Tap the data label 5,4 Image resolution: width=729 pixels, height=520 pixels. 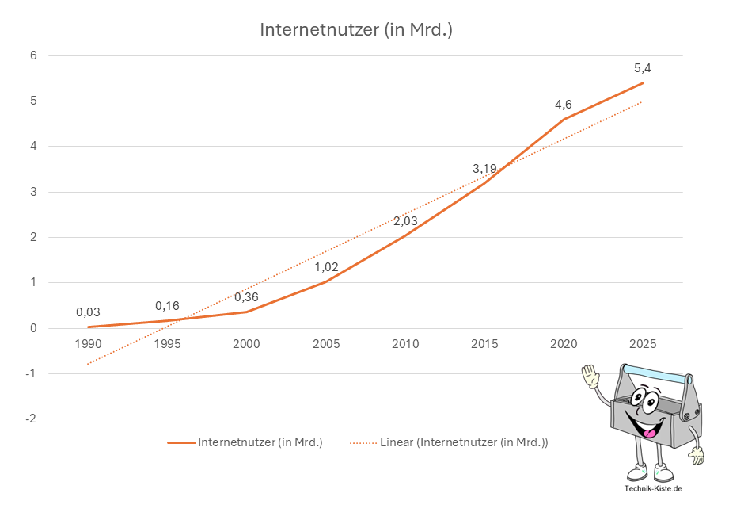tap(642, 68)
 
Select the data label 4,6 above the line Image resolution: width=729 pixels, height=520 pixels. tap(563, 105)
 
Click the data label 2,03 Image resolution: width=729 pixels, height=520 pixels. tap(404, 221)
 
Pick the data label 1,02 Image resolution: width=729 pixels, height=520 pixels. tap(326, 267)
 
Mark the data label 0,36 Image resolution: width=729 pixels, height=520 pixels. tap(246, 297)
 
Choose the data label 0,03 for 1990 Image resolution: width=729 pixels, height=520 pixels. tap(88, 312)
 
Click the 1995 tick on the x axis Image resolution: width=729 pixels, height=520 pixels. tap(167, 344)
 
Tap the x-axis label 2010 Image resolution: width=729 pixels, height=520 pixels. tap(404, 344)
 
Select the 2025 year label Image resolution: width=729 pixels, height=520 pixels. tap(642, 344)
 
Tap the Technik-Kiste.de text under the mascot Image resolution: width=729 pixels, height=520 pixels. tap(653, 489)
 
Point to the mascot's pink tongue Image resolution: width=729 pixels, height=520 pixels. tap(651, 433)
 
